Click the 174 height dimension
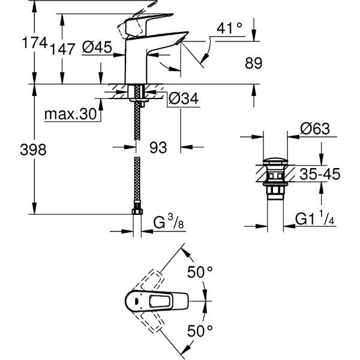tap(16, 43)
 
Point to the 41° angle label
tap(230, 28)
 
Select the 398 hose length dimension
tap(16, 150)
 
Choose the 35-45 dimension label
tap(319, 174)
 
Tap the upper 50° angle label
tap(202, 272)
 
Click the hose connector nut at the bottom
tap(137, 212)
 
